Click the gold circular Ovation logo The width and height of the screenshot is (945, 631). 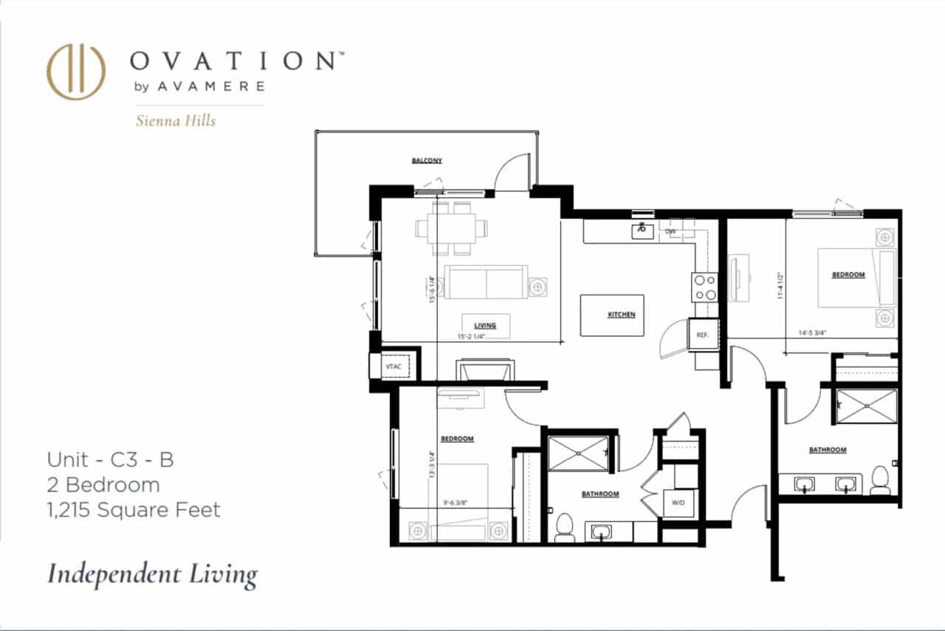click(x=76, y=72)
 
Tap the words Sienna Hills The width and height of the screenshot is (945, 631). click(x=176, y=120)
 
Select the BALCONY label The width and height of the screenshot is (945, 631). click(x=427, y=160)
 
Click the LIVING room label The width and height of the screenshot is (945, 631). click(x=485, y=325)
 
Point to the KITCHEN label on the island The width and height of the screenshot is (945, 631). click(x=621, y=315)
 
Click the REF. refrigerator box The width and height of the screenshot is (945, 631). click(x=702, y=335)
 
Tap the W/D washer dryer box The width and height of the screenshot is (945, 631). click(x=678, y=503)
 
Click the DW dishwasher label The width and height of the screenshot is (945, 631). click(x=671, y=231)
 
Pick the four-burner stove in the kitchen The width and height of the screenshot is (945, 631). click(x=704, y=287)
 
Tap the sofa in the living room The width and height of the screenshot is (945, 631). click(x=484, y=282)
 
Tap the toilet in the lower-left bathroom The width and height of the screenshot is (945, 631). click(x=563, y=527)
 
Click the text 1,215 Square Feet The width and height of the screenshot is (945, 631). click(x=134, y=510)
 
